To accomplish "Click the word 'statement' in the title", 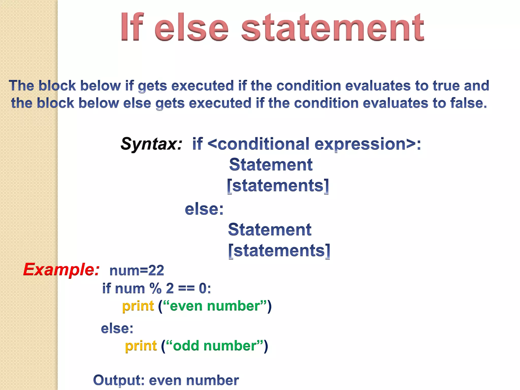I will pos(333,27).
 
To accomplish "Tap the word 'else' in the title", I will pos(192,27).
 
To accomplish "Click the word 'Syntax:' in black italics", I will pos(152,144).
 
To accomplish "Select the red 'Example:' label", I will pos(61,269).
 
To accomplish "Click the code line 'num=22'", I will pos(137,270).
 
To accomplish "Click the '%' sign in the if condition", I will pos(155,288).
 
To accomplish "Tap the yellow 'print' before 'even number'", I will pos(138,306).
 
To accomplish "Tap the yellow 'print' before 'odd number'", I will pos(141,346).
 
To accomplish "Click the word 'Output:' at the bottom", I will pos(119,380).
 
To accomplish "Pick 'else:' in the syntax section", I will pos(204,209).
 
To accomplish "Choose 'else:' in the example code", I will pos(117,329).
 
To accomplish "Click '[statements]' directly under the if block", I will pos(278,186).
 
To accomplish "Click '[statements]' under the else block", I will pos(279,251).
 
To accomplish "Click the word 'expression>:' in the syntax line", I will pos(368,144).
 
